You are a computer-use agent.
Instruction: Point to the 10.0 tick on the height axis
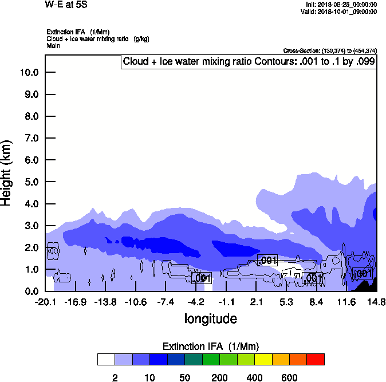[30, 73]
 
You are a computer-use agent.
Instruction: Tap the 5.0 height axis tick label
[30, 182]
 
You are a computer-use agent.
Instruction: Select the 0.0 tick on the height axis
[30, 292]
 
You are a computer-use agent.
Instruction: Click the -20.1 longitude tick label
[45, 302]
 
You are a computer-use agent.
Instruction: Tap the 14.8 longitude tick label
[376, 302]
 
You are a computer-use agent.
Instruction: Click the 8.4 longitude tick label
[316, 302]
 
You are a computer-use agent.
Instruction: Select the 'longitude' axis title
[210, 318]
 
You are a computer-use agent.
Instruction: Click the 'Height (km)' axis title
[7, 172]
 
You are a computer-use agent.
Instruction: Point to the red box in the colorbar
[316, 360]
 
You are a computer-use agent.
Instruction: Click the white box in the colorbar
[106, 360]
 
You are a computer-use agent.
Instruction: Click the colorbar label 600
[290, 377]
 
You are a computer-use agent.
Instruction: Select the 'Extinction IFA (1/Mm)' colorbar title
[211, 346]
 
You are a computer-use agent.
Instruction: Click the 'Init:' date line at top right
[341, 5]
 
